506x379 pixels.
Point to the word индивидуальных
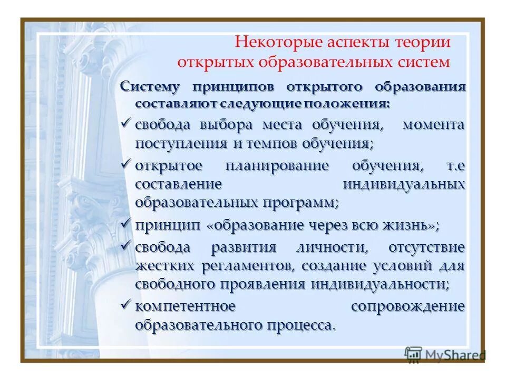point(404,185)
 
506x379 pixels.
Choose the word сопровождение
point(407,306)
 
